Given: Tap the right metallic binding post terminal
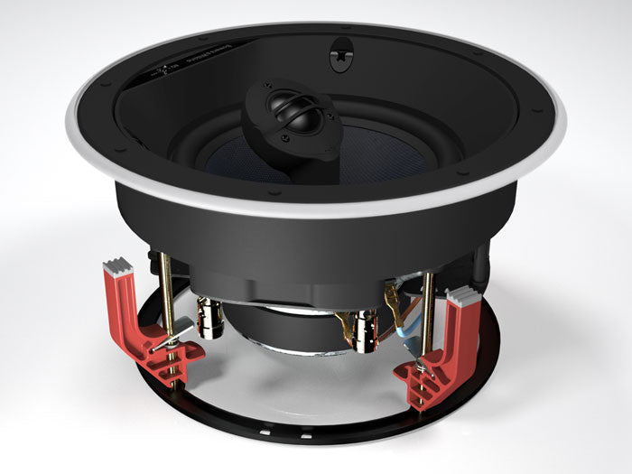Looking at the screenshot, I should pyautogui.click(x=365, y=330).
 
